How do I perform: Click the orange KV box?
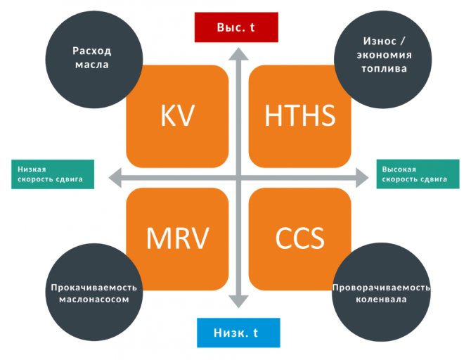[177, 117]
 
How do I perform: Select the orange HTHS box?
[300, 117]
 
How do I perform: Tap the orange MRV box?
[177, 238]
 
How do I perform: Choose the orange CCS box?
[300, 238]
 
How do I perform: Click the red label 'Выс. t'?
[237, 28]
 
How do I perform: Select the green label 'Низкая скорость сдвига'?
[53, 174]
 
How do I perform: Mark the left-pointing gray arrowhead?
[109, 177]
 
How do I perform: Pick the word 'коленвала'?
[381, 300]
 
